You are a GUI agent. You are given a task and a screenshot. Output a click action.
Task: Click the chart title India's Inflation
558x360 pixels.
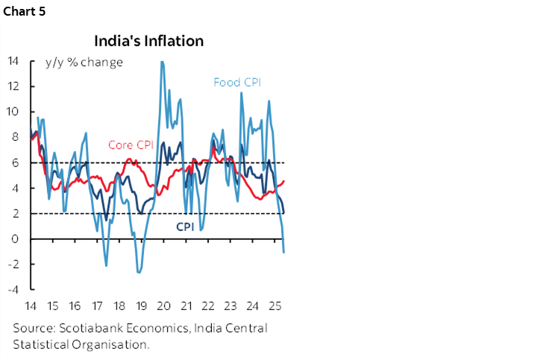[x=148, y=40]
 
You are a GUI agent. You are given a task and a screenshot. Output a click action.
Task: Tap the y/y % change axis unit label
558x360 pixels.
[x=85, y=62]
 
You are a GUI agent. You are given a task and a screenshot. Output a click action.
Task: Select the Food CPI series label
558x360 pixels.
[x=236, y=82]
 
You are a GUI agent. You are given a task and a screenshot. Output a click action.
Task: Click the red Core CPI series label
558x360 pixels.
[x=131, y=145]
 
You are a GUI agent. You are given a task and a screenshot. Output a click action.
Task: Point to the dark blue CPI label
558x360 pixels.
[x=185, y=227]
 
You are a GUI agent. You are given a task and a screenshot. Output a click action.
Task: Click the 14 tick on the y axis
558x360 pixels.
[x=14, y=60]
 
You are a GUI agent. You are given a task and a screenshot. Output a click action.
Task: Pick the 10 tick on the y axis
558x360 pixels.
[x=14, y=112]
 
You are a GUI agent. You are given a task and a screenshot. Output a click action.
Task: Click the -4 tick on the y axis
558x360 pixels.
[x=14, y=290]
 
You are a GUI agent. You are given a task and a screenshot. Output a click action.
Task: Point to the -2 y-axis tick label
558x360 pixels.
[x=14, y=265]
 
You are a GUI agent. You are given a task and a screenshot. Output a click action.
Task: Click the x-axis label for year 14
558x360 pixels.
[x=31, y=306]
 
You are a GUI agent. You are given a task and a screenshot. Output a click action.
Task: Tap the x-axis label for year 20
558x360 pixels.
[x=163, y=306]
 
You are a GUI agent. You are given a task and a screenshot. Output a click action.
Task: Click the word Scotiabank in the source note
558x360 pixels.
[x=88, y=329]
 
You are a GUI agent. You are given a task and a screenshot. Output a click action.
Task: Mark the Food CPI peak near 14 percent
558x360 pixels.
[x=163, y=62]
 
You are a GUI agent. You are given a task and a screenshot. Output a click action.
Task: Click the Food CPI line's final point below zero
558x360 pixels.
[x=283, y=252]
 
